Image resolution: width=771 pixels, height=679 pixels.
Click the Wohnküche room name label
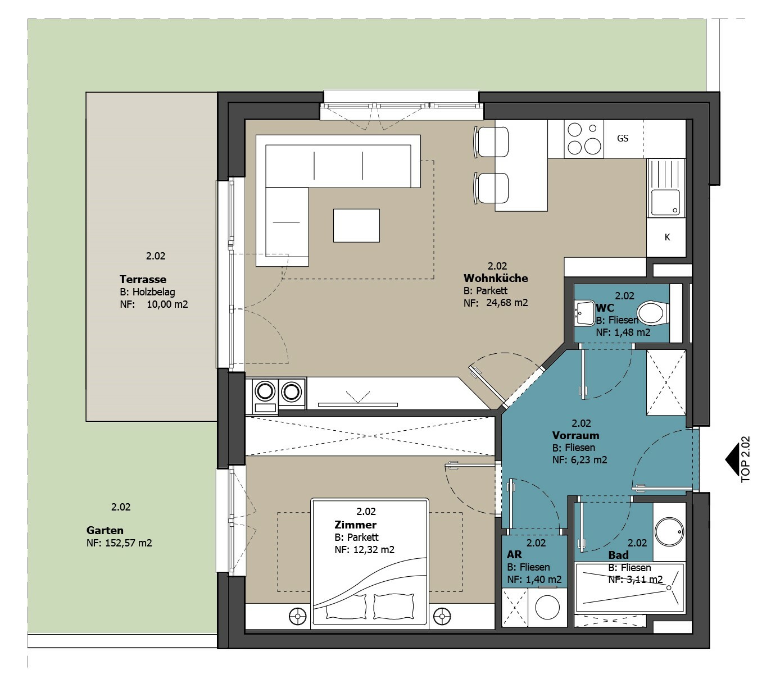click(x=496, y=278)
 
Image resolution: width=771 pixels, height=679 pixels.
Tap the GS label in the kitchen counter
click(x=623, y=139)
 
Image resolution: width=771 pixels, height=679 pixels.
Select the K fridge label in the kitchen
click(x=667, y=237)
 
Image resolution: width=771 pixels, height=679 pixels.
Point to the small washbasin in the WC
click(x=584, y=313)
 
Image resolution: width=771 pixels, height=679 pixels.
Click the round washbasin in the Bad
click(x=669, y=532)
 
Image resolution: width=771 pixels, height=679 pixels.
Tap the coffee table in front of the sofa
click(x=356, y=225)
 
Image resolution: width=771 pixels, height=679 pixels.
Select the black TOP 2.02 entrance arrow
click(x=732, y=459)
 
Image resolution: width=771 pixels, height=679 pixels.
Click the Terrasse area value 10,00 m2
click(x=167, y=304)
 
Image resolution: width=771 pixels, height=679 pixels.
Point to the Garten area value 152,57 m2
click(x=128, y=543)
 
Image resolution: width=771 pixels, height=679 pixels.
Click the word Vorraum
click(x=575, y=435)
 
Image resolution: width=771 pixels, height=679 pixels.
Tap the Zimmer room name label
click(x=356, y=525)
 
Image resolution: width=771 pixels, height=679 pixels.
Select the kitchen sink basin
click(x=665, y=202)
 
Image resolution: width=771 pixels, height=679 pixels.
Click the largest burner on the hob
click(x=592, y=145)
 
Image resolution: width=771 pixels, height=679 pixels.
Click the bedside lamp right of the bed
click(x=442, y=616)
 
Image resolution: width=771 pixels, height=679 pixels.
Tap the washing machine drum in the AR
click(x=547, y=607)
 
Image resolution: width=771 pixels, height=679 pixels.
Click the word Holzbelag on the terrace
click(x=154, y=292)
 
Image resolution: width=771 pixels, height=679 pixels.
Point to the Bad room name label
click(x=618, y=555)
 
